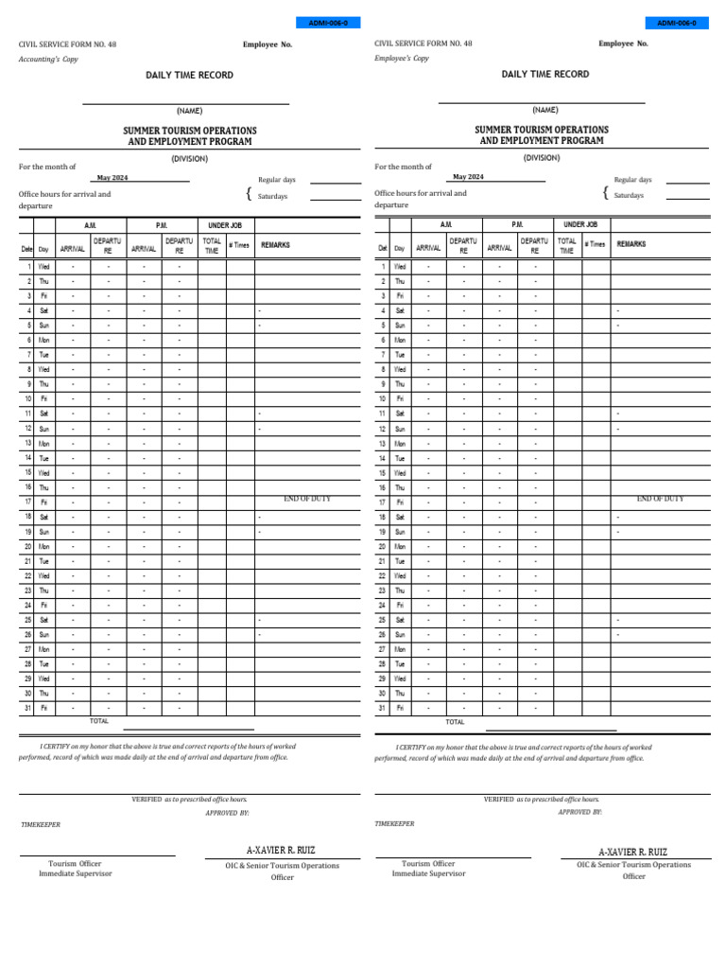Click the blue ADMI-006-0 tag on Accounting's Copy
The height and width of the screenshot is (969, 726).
(x=328, y=23)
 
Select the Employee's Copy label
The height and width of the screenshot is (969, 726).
(x=402, y=59)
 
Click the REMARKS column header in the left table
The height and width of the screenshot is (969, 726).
(x=275, y=245)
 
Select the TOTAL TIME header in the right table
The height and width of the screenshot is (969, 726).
(x=566, y=246)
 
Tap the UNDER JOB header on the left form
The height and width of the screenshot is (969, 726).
(x=225, y=225)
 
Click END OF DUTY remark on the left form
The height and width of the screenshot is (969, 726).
(x=307, y=499)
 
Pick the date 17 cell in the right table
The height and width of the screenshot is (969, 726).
(x=383, y=502)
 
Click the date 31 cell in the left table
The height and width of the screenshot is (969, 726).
(x=28, y=708)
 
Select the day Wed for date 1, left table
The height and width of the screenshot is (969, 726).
(x=44, y=267)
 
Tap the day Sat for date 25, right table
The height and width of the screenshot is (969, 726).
(x=400, y=620)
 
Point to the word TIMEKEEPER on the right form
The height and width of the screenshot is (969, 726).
(x=394, y=824)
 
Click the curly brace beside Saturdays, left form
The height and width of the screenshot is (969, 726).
(x=249, y=194)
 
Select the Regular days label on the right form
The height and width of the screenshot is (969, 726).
(x=632, y=180)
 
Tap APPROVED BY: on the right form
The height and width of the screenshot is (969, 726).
(x=580, y=812)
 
